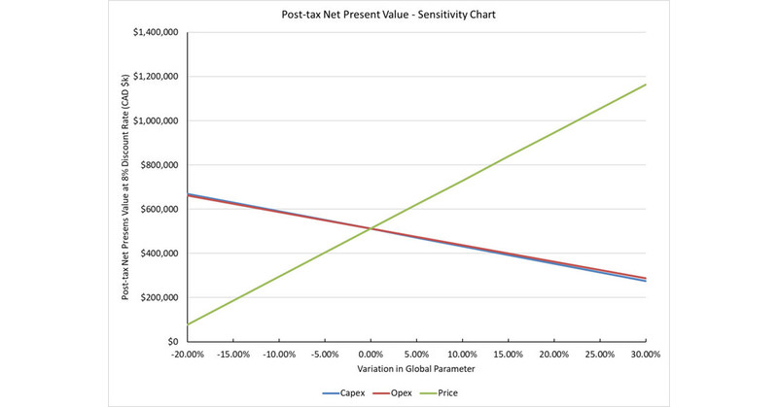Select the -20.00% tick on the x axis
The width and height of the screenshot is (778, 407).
pyautogui.click(x=188, y=356)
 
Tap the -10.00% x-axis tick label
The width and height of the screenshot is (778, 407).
pyautogui.click(x=279, y=356)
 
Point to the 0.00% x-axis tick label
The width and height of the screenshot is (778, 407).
pyautogui.click(x=371, y=356)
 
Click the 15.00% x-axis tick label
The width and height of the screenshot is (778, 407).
pyautogui.click(x=509, y=356)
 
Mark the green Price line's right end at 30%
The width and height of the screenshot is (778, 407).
pyautogui.click(x=646, y=85)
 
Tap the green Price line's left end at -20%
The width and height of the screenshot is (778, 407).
pyautogui.click(x=188, y=324)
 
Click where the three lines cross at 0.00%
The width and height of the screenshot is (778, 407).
pyautogui.click(x=371, y=228)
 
